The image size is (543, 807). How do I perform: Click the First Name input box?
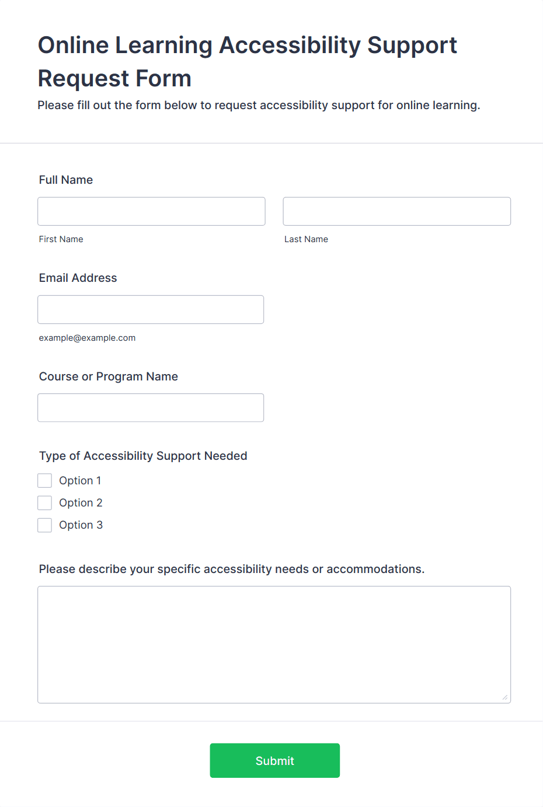151,211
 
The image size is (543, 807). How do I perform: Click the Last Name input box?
396,211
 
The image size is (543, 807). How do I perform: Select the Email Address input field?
151,309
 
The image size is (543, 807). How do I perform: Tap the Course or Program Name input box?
151,407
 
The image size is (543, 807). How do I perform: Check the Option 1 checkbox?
45,480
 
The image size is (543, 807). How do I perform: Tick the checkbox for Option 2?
45,502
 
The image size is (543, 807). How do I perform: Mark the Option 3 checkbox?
45,525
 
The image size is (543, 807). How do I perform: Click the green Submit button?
274,760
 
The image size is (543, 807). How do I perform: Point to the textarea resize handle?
504,697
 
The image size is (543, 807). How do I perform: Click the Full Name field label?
66,180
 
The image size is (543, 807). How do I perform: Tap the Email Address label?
78,278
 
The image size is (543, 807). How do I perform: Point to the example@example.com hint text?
87,338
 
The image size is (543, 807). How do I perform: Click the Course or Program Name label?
109,376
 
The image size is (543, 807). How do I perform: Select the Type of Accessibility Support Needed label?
143,456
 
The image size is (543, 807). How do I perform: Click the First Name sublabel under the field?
61,239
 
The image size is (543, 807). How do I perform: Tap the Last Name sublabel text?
306,239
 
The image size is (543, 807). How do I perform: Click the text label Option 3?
81,525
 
